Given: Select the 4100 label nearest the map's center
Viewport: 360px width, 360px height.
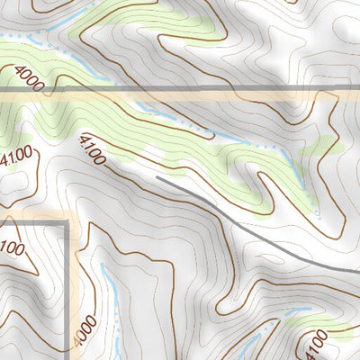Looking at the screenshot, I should (x=92, y=150).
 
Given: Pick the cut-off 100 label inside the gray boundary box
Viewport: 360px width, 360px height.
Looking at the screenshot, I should (x=11, y=246).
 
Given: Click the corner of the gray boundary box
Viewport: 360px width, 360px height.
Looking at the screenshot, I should (x=68, y=216).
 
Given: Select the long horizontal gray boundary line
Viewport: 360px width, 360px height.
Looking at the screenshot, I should (x=225, y=88).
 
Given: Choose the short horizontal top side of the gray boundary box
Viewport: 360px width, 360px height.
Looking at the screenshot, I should (x=36, y=216).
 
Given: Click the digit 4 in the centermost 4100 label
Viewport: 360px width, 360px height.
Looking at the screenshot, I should (x=84, y=141).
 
